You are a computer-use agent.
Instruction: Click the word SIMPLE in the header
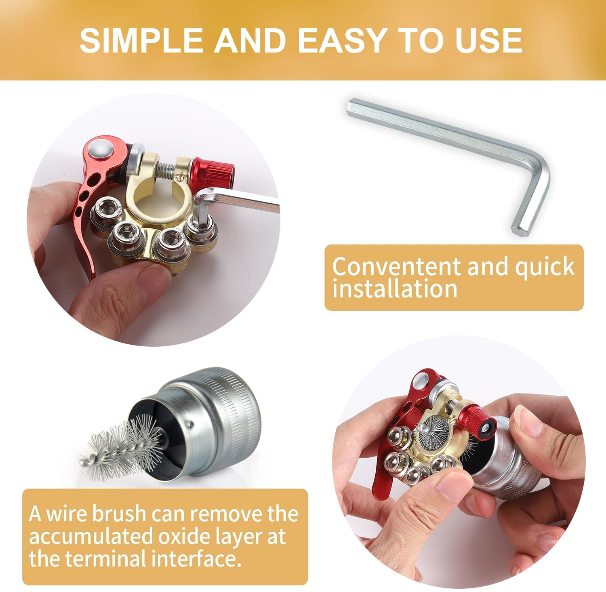(141, 40)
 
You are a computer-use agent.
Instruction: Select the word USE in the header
(488, 40)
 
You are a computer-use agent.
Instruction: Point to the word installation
(395, 289)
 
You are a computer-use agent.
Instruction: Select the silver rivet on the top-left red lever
(100, 149)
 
